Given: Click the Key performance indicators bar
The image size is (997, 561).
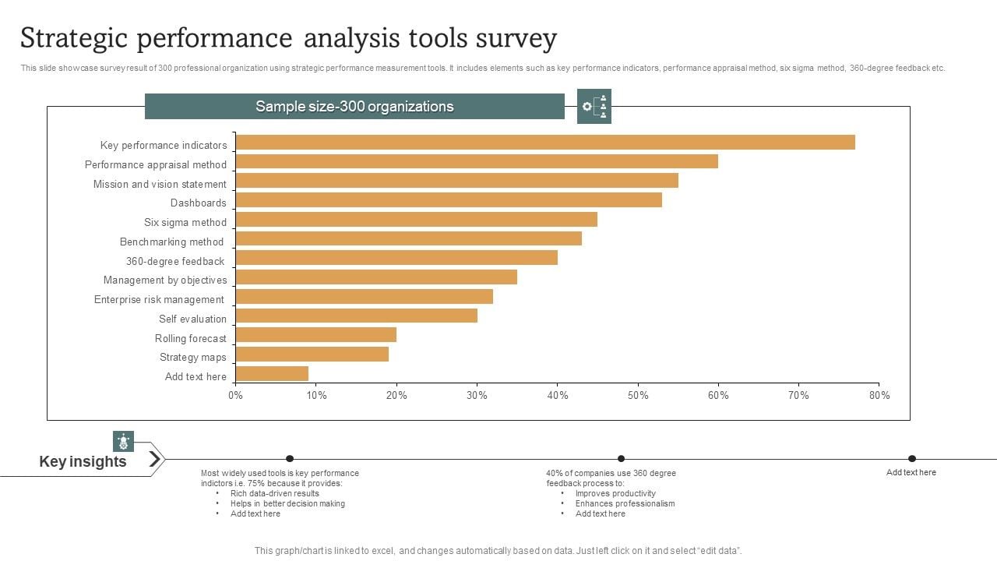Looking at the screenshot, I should [545, 142].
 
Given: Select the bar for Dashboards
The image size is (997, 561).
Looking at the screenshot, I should [449, 200].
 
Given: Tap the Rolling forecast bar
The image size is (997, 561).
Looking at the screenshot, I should [315, 335].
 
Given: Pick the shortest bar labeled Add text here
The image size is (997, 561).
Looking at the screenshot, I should [272, 374].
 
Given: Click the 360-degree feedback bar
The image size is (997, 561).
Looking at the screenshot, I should [396, 258].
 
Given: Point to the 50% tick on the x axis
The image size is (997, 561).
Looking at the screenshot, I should [638, 395].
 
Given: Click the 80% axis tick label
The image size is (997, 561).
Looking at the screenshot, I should [879, 395].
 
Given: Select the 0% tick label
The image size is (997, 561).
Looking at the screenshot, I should [235, 395].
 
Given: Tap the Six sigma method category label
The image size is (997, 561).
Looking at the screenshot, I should [185, 222].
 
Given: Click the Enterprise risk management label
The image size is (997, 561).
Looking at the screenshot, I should [159, 299].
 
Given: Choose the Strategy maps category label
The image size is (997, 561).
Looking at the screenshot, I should [192, 357].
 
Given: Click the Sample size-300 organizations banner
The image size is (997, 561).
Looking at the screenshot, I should [354, 107].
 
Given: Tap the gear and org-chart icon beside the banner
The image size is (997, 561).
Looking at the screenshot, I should [594, 107].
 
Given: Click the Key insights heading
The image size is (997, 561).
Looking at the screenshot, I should [83, 461].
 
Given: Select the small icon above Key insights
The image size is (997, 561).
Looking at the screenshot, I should [123, 441].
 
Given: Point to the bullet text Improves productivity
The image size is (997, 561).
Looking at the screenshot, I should [615, 493].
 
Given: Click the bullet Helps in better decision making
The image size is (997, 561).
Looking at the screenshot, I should [287, 503].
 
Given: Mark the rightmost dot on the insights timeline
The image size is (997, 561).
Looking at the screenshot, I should [912, 458].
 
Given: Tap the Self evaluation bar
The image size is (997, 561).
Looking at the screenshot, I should [356, 316].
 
